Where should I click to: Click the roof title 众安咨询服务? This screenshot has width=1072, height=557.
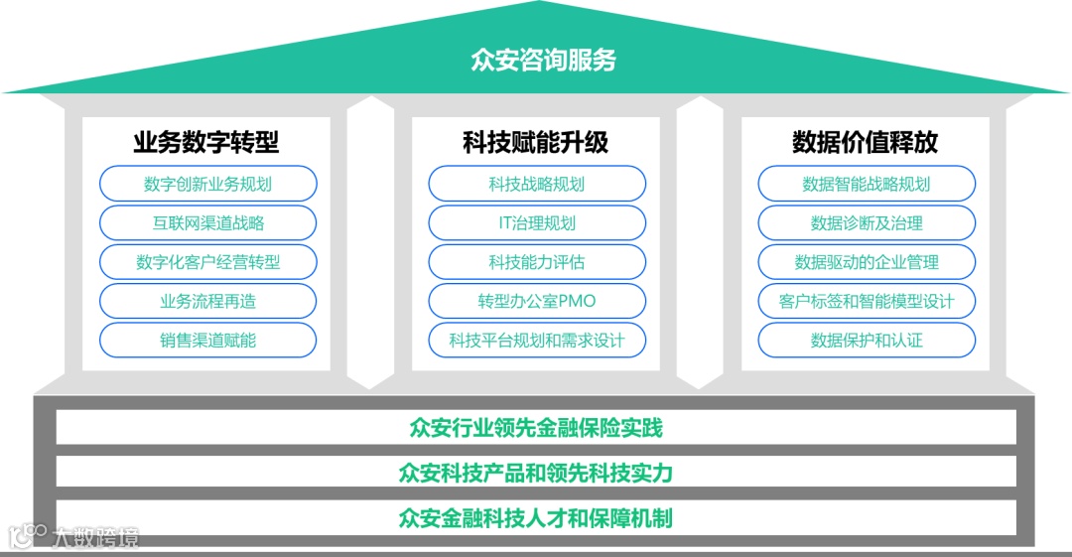tap(543, 61)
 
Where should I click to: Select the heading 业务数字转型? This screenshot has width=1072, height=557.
tap(206, 143)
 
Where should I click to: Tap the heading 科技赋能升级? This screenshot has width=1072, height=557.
tap(536, 143)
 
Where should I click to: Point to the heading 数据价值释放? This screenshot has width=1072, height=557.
tap(866, 143)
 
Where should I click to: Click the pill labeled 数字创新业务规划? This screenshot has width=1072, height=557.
tap(207, 184)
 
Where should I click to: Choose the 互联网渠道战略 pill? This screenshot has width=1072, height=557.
tap(207, 223)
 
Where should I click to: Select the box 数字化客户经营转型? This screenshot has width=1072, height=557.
tap(207, 262)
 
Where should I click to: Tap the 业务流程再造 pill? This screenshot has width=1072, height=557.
tap(207, 301)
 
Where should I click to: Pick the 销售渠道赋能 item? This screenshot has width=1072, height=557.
tap(207, 340)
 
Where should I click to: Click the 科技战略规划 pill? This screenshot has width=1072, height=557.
tap(537, 184)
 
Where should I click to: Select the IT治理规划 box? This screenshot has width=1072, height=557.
tap(537, 223)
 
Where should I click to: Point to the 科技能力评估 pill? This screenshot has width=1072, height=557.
tap(537, 262)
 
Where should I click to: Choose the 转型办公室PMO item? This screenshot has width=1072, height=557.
tap(537, 301)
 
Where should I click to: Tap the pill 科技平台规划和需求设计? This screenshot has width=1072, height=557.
tap(537, 340)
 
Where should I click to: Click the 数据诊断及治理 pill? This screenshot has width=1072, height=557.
tap(867, 223)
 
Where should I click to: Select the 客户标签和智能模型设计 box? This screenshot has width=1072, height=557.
tap(867, 301)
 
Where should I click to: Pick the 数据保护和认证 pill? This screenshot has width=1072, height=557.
tap(867, 340)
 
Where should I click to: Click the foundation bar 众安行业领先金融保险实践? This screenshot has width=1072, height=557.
tap(536, 429)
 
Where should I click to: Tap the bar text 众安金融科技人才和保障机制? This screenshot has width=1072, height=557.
tap(536, 517)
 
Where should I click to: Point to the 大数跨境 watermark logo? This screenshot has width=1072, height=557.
tap(74, 537)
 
